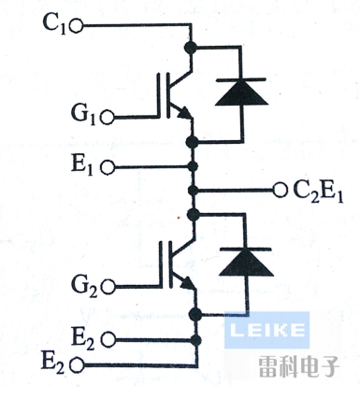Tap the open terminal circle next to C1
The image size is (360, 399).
point(78,24)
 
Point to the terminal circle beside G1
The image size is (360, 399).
point(108,119)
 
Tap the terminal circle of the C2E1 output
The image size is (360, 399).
point(279,191)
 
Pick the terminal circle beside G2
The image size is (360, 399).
point(108,285)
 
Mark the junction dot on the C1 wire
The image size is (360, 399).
point(193,46)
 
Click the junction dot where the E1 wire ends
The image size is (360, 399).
point(193,167)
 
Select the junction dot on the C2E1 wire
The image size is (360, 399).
point(193,191)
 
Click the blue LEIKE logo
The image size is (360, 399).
point(266,329)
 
